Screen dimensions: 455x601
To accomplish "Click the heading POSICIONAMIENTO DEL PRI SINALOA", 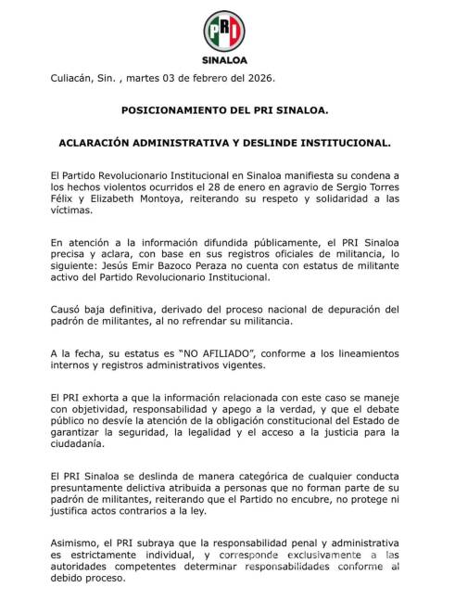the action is pyautogui.click(x=225, y=110).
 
